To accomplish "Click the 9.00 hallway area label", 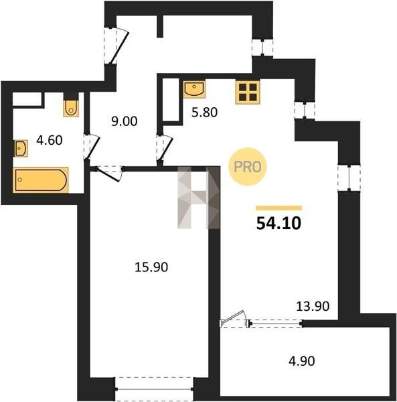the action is click(x=125, y=121).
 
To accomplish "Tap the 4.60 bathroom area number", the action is click(x=50, y=140).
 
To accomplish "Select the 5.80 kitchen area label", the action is click(x=205, y=112).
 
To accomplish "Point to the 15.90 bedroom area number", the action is click(x=151, y=267).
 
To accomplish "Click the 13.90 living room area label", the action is click(x=313, y=306).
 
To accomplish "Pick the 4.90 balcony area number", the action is click(x=302, y=361).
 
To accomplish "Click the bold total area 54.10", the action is click(x=279, y=223).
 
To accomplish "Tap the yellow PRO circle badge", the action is click(x=248, y=167).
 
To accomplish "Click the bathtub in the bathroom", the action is click(x=40, y=180).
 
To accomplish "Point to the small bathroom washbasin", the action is click(x=21, y=148).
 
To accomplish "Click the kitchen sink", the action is click(x=194, y=88).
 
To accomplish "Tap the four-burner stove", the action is click(x=248, y=92).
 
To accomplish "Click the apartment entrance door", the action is click(x=119, y=46).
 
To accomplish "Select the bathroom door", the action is click(x=92, y=147).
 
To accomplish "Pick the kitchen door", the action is click(x=165, y=148).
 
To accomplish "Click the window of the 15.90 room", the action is click(x=155, y=389).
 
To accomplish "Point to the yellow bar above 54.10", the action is click(x=279, y=208).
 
